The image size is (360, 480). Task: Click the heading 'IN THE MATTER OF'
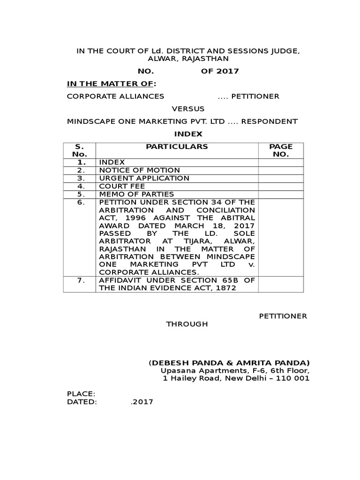111,84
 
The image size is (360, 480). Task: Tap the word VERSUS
188,109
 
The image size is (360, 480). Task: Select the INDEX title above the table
188,134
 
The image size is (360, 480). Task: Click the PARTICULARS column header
177,147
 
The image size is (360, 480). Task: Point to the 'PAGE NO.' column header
281,150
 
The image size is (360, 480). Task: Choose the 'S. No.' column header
79,150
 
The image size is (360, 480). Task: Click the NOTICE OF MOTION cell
139,170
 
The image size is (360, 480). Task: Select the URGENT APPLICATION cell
144,178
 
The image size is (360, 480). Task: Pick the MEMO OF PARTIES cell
136,194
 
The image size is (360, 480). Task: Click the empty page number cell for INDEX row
281,162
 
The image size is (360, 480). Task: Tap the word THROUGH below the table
187,324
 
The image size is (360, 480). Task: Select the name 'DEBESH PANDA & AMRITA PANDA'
229,363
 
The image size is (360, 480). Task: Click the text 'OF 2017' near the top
220,71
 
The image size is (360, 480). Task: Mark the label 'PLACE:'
81,394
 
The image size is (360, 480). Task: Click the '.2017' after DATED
142,402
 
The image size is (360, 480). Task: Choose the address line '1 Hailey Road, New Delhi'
236,379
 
